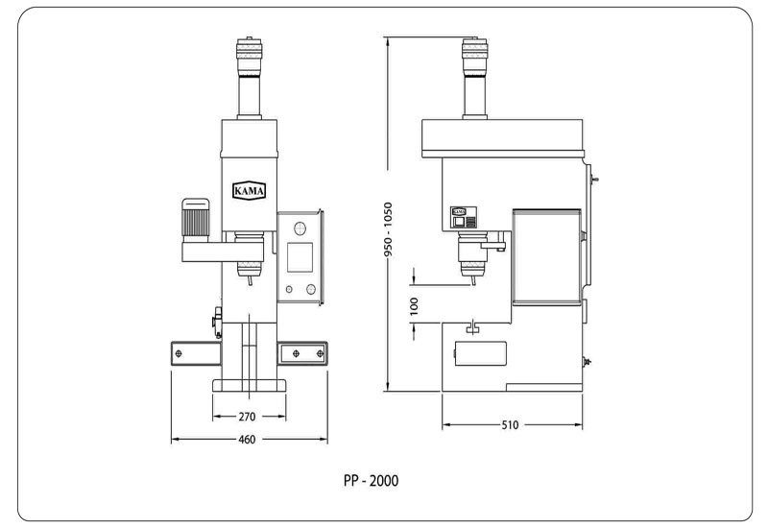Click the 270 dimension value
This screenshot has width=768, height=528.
pyautogui.click(x=247, y=417)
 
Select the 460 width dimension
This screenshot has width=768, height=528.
pyautogui.click(x=247, y=440)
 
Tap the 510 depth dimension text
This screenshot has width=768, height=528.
pyautogui.click(x=510, y=425)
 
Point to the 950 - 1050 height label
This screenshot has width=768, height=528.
pyautogui.click(x=388, y=229)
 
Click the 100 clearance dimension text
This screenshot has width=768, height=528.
pyautogui.click(x=414, y=306)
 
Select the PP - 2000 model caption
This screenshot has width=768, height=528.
pyautogui.click(x=371, y=481)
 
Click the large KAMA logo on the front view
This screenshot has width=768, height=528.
pyautogui.click(x=250, y=190)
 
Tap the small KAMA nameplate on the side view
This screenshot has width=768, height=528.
pyautogui.click(x=459, y=211)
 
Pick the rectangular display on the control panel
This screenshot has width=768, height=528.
pyautogui.click(x=300, y=257)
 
